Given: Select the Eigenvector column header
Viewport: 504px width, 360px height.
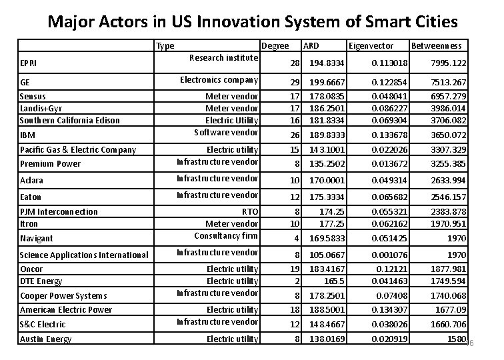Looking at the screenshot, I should [371, 46].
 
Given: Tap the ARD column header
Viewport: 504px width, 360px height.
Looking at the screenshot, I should [311, 46].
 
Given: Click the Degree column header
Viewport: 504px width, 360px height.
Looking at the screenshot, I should [275, 46].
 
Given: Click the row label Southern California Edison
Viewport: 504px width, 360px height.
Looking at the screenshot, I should [70, 121].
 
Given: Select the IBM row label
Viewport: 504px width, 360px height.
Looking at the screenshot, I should [27, 135].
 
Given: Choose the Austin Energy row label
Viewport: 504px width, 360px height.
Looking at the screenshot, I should [45, 339].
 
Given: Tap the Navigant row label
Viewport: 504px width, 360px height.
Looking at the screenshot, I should [36, 238].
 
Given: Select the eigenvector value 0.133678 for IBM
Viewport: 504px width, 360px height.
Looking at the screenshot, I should [389, 135].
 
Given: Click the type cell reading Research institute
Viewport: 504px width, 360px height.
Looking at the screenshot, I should [223, 58].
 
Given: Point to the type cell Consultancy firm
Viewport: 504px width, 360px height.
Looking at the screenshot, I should [225, 235].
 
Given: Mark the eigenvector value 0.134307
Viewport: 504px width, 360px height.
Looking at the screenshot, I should [389, 310].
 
